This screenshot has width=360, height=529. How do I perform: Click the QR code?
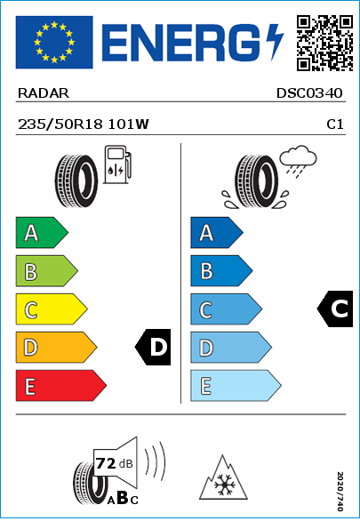pos(325,43)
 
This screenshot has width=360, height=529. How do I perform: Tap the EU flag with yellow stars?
pos(54,42)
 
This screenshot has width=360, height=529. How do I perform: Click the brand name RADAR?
pos(44,93)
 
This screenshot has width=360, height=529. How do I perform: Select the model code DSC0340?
pos(309,93)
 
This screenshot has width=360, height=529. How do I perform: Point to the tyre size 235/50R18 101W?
pos(84,124)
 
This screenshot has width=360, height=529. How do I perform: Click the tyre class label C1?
pos(335,124)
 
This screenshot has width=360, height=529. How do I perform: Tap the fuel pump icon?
pos(117,164)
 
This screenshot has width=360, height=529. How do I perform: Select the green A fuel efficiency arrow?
pos(42,232)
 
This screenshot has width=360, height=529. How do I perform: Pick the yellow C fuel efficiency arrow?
pos(52,309)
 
